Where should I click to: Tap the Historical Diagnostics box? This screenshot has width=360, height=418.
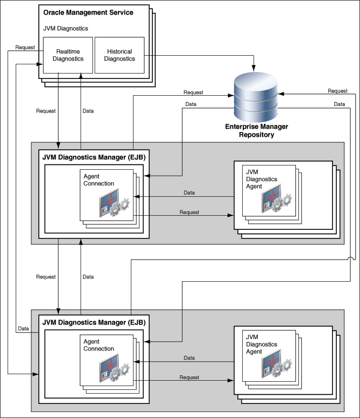[119, 55]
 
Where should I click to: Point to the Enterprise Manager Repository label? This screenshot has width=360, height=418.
[256, 130]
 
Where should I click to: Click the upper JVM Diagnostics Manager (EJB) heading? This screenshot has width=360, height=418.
[94, 157]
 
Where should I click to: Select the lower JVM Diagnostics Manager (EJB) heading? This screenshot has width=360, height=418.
[94, 323]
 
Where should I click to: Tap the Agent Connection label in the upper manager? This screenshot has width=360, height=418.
[99, 180]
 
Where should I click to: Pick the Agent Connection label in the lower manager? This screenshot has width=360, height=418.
[99, 345]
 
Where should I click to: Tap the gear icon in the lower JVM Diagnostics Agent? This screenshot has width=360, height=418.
[284, 370]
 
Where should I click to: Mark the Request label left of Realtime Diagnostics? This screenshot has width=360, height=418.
[25, 47]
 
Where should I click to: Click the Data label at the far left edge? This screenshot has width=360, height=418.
[23, 328]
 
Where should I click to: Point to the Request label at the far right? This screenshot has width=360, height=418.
[337, 91]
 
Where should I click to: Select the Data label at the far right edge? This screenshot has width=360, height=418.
[339, 104]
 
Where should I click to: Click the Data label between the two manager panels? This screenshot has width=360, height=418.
[88, 277]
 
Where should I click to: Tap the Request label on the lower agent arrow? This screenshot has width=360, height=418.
[189, 377]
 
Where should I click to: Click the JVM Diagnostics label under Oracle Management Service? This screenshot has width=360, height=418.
[65, 28]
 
